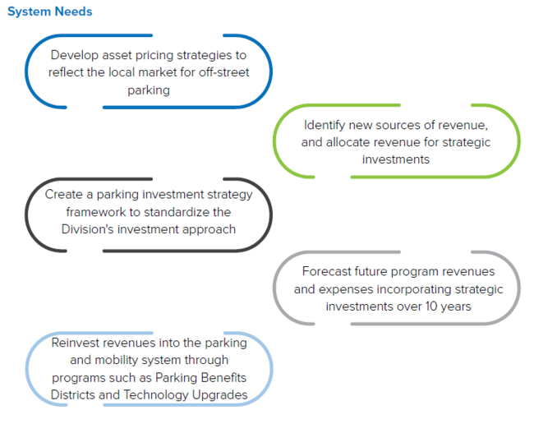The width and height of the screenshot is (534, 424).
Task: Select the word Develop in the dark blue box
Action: (x=73, y=55)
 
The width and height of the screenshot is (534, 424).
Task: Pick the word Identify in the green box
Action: (x=326, y=125)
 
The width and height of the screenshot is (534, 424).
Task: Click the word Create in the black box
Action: (x=63, y=195)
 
